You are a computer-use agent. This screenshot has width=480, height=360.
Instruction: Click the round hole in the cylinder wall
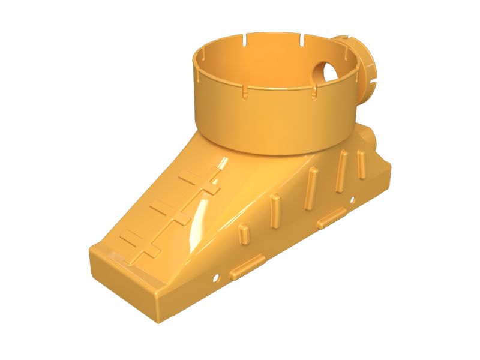pyautogui.click(x=327, y=72)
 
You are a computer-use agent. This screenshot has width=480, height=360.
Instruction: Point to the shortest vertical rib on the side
pyautogui.click(x=244, y=232)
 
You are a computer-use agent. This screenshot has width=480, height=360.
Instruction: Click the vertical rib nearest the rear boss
pyautogui.click(x=361, y=164)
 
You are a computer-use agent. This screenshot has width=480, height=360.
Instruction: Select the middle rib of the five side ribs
pyautogui.click(x=310, y=188)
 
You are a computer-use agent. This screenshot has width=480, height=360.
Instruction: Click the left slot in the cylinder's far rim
pyautogui.click(x=246, y=41)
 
